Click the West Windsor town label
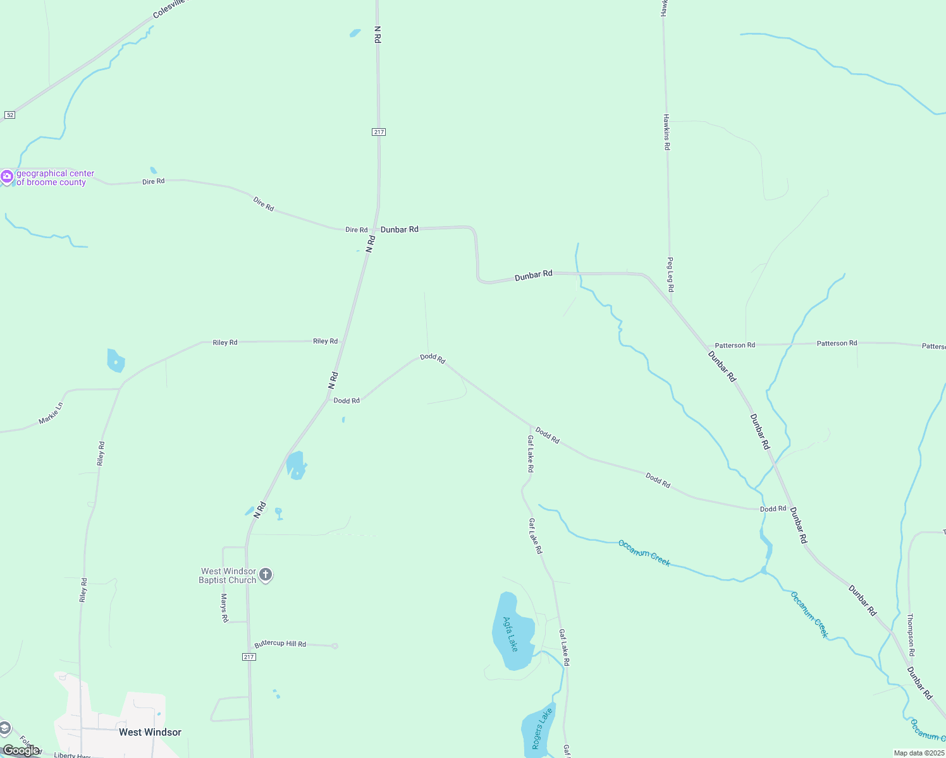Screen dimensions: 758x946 tap(150, 732)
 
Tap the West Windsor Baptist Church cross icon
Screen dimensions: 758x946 tap(266, 575)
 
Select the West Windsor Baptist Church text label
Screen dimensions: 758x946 tap(228, 575)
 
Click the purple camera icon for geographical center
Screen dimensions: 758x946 tap(7, 177)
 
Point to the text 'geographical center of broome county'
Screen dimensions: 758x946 tap(55, 177)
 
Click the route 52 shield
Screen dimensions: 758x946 tap(9, 114)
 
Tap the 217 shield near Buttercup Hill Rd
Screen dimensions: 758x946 tap(249, 657)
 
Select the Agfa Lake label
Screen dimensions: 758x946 tap(510, 634)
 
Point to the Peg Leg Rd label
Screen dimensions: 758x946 tap(670, 274)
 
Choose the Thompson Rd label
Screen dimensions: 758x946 tap(911, 634)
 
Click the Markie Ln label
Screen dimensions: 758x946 tap(51, 413)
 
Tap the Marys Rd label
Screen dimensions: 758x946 tap(224, 608)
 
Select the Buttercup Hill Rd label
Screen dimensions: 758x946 tap(280, 644)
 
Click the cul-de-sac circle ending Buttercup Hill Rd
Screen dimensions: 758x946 tap(335, 646)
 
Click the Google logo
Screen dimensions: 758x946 tap(21, 750)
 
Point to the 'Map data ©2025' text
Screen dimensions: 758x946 tap(918, 753)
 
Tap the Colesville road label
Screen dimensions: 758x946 tap(171, 9)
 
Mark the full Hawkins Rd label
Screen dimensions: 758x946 tap(666, 132)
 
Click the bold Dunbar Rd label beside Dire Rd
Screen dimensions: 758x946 tap(399, 229)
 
